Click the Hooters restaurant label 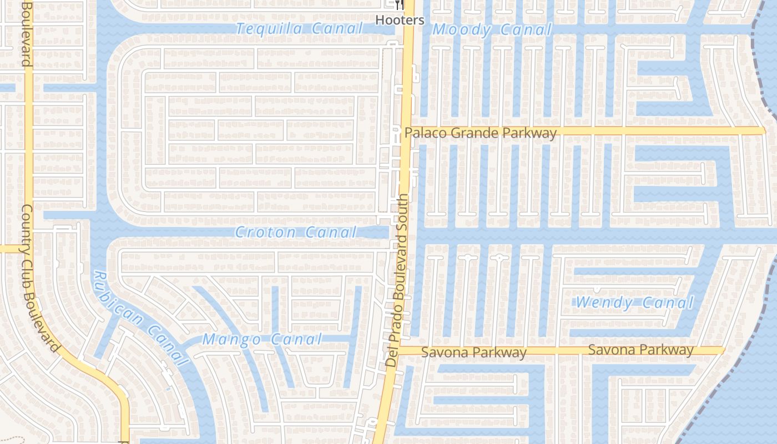click(x=400, y=21)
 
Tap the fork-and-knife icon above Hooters click(x=400, y=6)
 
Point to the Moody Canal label click(x=492, y=30)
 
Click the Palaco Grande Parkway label click(x=480, y=133)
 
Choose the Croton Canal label click(x=295, y=232)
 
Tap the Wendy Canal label click(x=635, y=303)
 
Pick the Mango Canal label click(x=262, y=339)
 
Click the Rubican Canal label click(x=140, y=317)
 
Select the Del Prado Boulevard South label click(x=400, y=280)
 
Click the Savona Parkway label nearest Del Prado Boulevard click(x=473, y=352)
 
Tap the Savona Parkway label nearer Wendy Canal click(x=640, y=350)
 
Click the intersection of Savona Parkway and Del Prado click(x=398, y=350)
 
